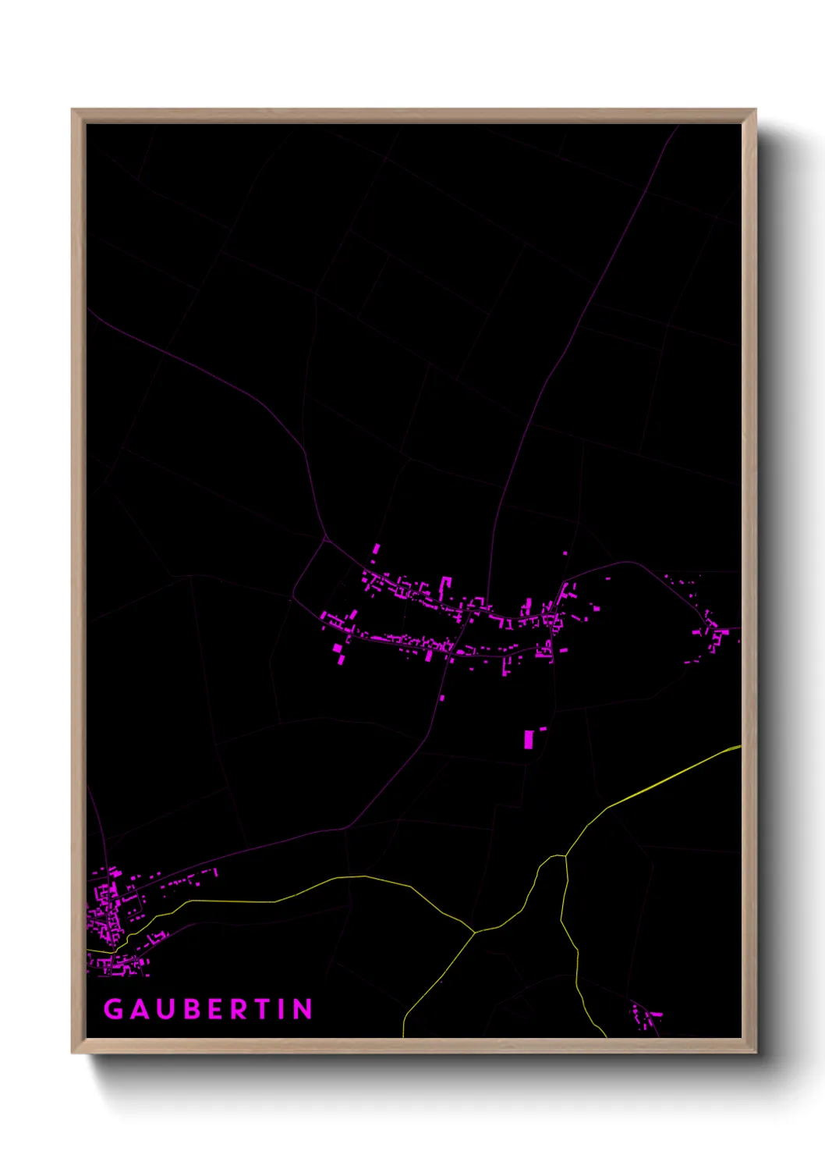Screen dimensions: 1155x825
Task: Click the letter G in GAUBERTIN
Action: point(114,1009)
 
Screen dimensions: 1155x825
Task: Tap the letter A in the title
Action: point(140,1009)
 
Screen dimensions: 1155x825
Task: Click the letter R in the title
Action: point(240,1009)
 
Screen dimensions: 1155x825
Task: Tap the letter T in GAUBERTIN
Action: point(264,1009)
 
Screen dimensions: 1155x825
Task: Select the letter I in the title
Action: point(282,1009)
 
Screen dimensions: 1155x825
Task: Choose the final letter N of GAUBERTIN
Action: point(303,1009)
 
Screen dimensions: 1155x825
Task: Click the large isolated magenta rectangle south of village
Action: point(529,739)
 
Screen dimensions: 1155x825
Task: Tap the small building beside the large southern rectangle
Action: point(543,729)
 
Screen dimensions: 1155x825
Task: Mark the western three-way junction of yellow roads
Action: point(474,931)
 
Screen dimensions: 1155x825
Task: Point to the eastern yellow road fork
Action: point(566,857)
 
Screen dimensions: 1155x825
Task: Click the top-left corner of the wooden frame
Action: point(73,110)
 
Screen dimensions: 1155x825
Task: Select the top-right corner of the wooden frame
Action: point(755,110)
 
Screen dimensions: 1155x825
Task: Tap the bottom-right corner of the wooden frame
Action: point(755,1053)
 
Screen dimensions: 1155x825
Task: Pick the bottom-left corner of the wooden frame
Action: point(73,1053)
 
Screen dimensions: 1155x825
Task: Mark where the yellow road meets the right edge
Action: point(740,747)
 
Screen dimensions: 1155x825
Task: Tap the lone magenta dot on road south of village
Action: point(442,697)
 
